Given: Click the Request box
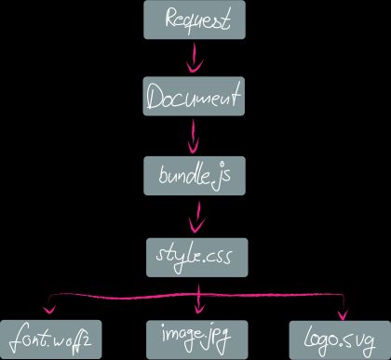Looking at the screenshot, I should pyautogui.click(x=195, y=20).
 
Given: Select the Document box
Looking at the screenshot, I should pyautogui.click(x=195, y=97).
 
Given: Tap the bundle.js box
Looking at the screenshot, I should pyautogui.click(x=195, y=176).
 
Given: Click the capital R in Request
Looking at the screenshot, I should pyautogui.click(x=170, y=19).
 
